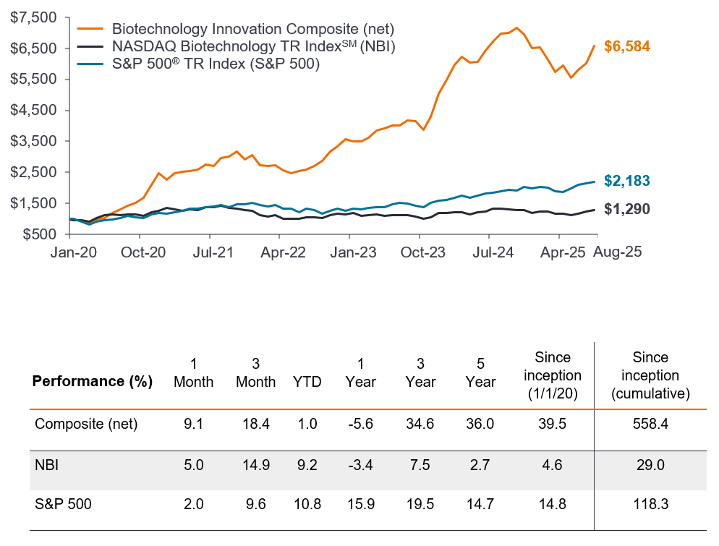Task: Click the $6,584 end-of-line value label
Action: pos(627,46)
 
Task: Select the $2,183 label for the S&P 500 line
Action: pos(627,181)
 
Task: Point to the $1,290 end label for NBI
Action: pos(627,210)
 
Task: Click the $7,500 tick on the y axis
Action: pos(35,17)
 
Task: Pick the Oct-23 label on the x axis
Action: pos(419,253)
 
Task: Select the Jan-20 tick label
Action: pos(69,253)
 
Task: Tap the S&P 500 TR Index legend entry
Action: pos(216,64)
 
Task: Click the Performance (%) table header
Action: pos(92,382)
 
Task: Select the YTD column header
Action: pos(308,382)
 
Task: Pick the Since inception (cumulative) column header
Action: pos(650,376)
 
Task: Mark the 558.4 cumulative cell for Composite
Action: pos(650,424)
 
